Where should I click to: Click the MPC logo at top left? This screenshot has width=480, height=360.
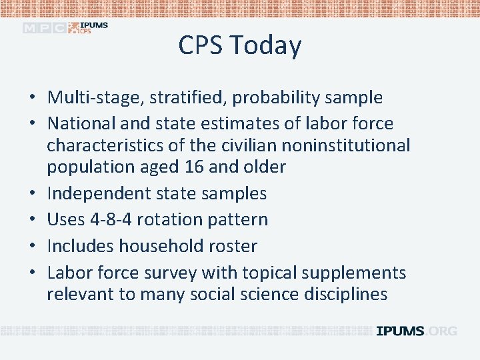(x=45, y=28)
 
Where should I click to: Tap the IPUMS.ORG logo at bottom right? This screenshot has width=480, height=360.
(x=417, y=331)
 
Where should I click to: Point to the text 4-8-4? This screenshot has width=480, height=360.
(x=119, y=219)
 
